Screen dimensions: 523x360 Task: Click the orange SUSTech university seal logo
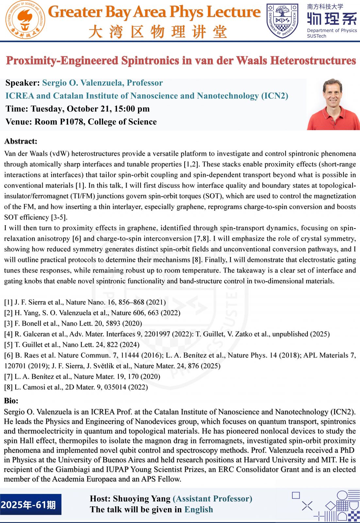tap(25, 20)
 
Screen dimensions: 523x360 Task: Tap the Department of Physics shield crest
tap(282, 20)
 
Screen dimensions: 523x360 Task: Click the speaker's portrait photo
tap(333, 105)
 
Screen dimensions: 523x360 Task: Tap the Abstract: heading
tap(21, 141)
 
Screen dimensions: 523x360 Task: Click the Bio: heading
tap(11, 401)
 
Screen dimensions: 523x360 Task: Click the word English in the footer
tap(199, 510)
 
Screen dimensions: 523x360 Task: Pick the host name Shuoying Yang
tap(141, 499)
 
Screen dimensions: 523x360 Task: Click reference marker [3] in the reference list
tap(8, 324)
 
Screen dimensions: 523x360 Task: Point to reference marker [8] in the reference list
tap(8, 387)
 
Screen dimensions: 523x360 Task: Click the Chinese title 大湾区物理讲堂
tap(157, 32)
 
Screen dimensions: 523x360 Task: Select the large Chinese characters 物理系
tap(332, 19)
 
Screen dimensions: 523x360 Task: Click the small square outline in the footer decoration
tap(296, 495)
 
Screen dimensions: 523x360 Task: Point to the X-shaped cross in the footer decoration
tap(307, 506)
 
